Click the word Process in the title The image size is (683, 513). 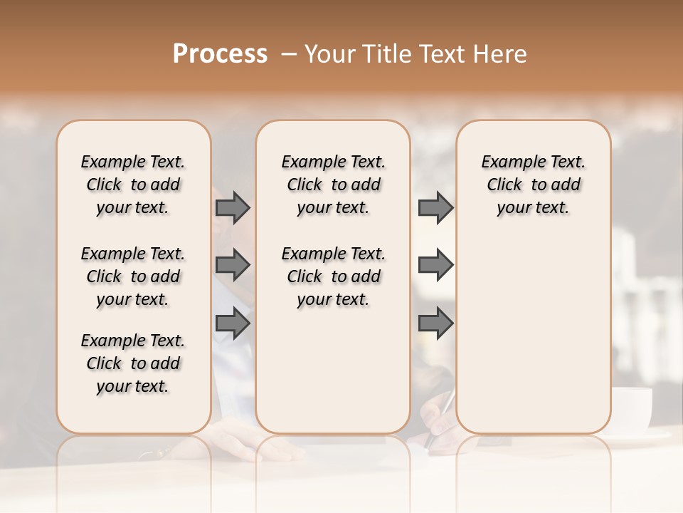(220, 54)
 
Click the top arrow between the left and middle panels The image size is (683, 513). (233, 207)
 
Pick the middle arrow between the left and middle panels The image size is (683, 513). (233, 265)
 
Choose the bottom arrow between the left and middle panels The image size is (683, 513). (233, 323)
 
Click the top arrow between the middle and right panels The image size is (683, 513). (435, 207)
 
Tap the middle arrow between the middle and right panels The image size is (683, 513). (435, 265)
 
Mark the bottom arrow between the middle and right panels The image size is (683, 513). (435, 323)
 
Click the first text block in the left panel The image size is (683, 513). (133, 185)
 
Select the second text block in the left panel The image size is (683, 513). (133, 276)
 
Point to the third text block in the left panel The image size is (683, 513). (133, 363)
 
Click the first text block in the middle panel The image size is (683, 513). (334, 185)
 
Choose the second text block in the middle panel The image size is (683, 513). (334, 276)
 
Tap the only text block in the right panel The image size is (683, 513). (534, 185)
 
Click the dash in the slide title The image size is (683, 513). (288, 54)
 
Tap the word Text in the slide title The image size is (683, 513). (439, 54)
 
